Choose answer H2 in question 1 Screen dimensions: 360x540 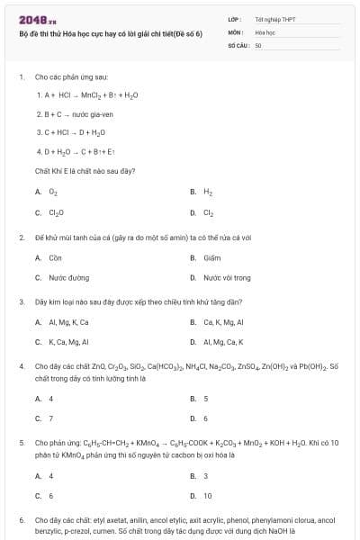coord(208,192)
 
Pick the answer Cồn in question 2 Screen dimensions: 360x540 coord(54,257)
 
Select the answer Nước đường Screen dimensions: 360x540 coord(68,278)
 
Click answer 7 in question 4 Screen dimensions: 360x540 coord(50,418)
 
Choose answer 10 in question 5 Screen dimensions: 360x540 coord(207,495)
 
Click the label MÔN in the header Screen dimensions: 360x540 coord(235,31)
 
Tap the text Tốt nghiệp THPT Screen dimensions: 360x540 coord(274,18)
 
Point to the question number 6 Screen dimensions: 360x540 coord(22,520)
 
